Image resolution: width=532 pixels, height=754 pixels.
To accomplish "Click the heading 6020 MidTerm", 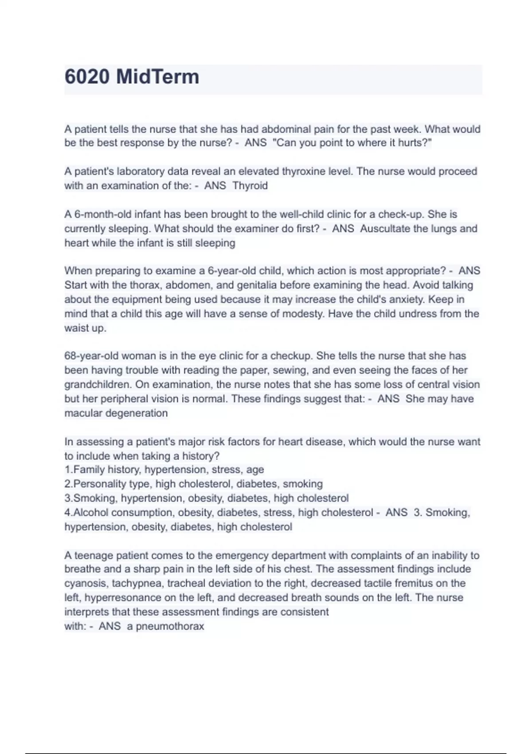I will [x=132, y=77].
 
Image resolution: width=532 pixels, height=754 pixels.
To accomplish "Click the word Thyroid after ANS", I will [x=250, y=186].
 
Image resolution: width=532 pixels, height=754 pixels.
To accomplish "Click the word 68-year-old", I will [x=91, y=356].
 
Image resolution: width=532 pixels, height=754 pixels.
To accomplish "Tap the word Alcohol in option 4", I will [x=90, y=513].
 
